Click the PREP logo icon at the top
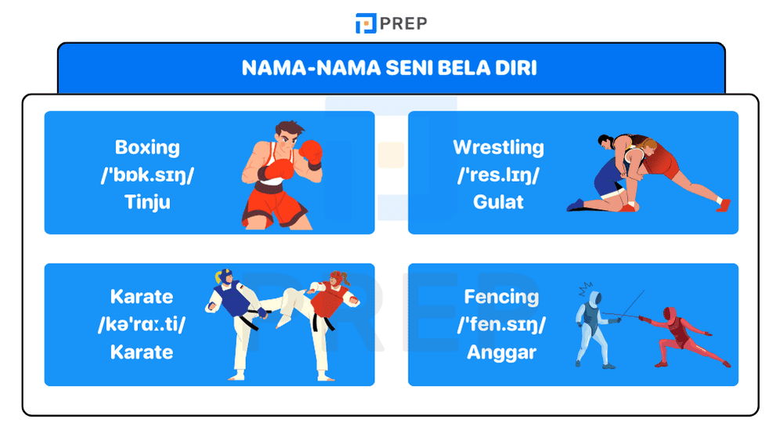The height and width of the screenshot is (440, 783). coord(366,23)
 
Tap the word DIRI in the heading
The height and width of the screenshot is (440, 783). coord(515,68)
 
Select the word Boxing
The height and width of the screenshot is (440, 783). coord(147,147)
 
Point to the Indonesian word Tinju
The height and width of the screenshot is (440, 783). coord(147,202)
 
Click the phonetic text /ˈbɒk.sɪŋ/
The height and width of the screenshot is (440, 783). coord(147,175)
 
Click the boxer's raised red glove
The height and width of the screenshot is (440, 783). coord(311,151)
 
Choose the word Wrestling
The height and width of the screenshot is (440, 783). coord(498,147)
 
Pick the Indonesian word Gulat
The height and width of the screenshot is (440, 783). coord(498,202)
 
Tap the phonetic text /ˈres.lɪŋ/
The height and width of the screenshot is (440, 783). coord(498,175)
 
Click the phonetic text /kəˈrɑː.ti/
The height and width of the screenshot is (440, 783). coord(142,325)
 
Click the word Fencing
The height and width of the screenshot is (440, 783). coord(501,297)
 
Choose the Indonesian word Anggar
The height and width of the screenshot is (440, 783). coord(501,352)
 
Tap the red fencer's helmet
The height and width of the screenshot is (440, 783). coord(670,314)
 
